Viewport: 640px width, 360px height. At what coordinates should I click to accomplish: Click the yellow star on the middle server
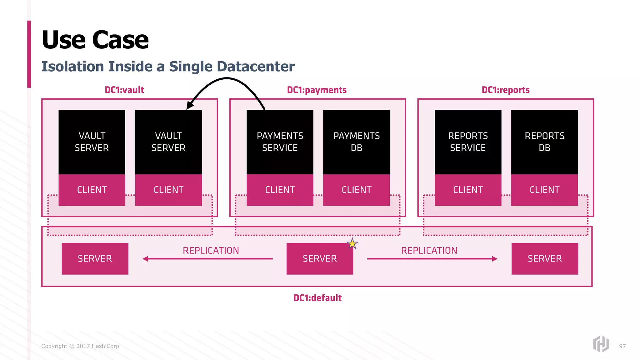[x=352, y=243]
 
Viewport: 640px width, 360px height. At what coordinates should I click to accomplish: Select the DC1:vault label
[x=124, y=90]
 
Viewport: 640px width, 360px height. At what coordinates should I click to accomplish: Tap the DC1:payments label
[x=317, y=90]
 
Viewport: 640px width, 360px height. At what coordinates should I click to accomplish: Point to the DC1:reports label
[x=505, y=90]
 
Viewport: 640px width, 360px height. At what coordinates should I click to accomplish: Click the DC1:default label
[x=317, y=298]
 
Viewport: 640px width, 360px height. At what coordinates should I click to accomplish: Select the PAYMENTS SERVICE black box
[x=280, y=142]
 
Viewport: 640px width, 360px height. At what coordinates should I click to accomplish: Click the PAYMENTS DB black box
[x=356, y=142]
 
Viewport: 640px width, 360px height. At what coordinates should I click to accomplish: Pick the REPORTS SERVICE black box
[x=468, y=142]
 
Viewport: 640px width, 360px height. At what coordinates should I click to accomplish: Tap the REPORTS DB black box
[x=544, y=142]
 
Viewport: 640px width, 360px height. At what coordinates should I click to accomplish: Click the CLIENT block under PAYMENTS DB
[x=356, y=190]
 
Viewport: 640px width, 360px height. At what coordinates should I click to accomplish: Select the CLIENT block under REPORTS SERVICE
[x=468, y=190]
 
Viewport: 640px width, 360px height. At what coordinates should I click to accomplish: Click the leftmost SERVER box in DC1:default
[x=95, y=259]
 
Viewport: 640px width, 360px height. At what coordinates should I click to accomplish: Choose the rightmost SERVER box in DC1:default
[x=544, y=259]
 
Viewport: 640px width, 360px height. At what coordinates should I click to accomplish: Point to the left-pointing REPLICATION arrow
[x=207, y=259]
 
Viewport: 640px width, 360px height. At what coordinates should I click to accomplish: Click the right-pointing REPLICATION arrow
[x=432, y=259]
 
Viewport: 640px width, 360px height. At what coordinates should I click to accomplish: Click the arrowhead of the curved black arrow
[x=190, y=105]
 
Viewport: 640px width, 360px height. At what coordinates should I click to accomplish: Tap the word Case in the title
[x=120, y=40]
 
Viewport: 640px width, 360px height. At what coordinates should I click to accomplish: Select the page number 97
[x=622, y=346]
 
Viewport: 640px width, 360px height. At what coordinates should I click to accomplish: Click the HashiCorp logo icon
[x=601, y=344]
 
